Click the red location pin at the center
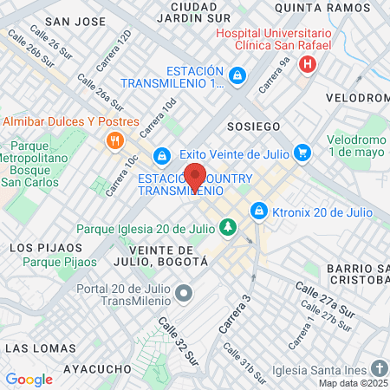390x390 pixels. point(195,177)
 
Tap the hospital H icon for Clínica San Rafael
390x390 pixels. point(306,64)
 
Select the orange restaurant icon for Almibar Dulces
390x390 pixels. point(113,140)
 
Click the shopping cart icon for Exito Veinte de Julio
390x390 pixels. point(302,153)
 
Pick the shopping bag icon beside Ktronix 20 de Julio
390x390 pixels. point(258,211)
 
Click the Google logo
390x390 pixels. point(29,379)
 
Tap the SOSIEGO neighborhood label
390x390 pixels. point(253,127)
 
